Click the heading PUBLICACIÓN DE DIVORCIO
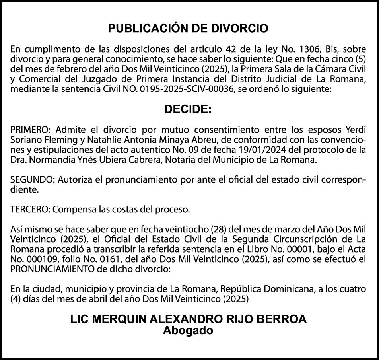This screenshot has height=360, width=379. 189,29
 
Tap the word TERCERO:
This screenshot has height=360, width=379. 29,209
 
